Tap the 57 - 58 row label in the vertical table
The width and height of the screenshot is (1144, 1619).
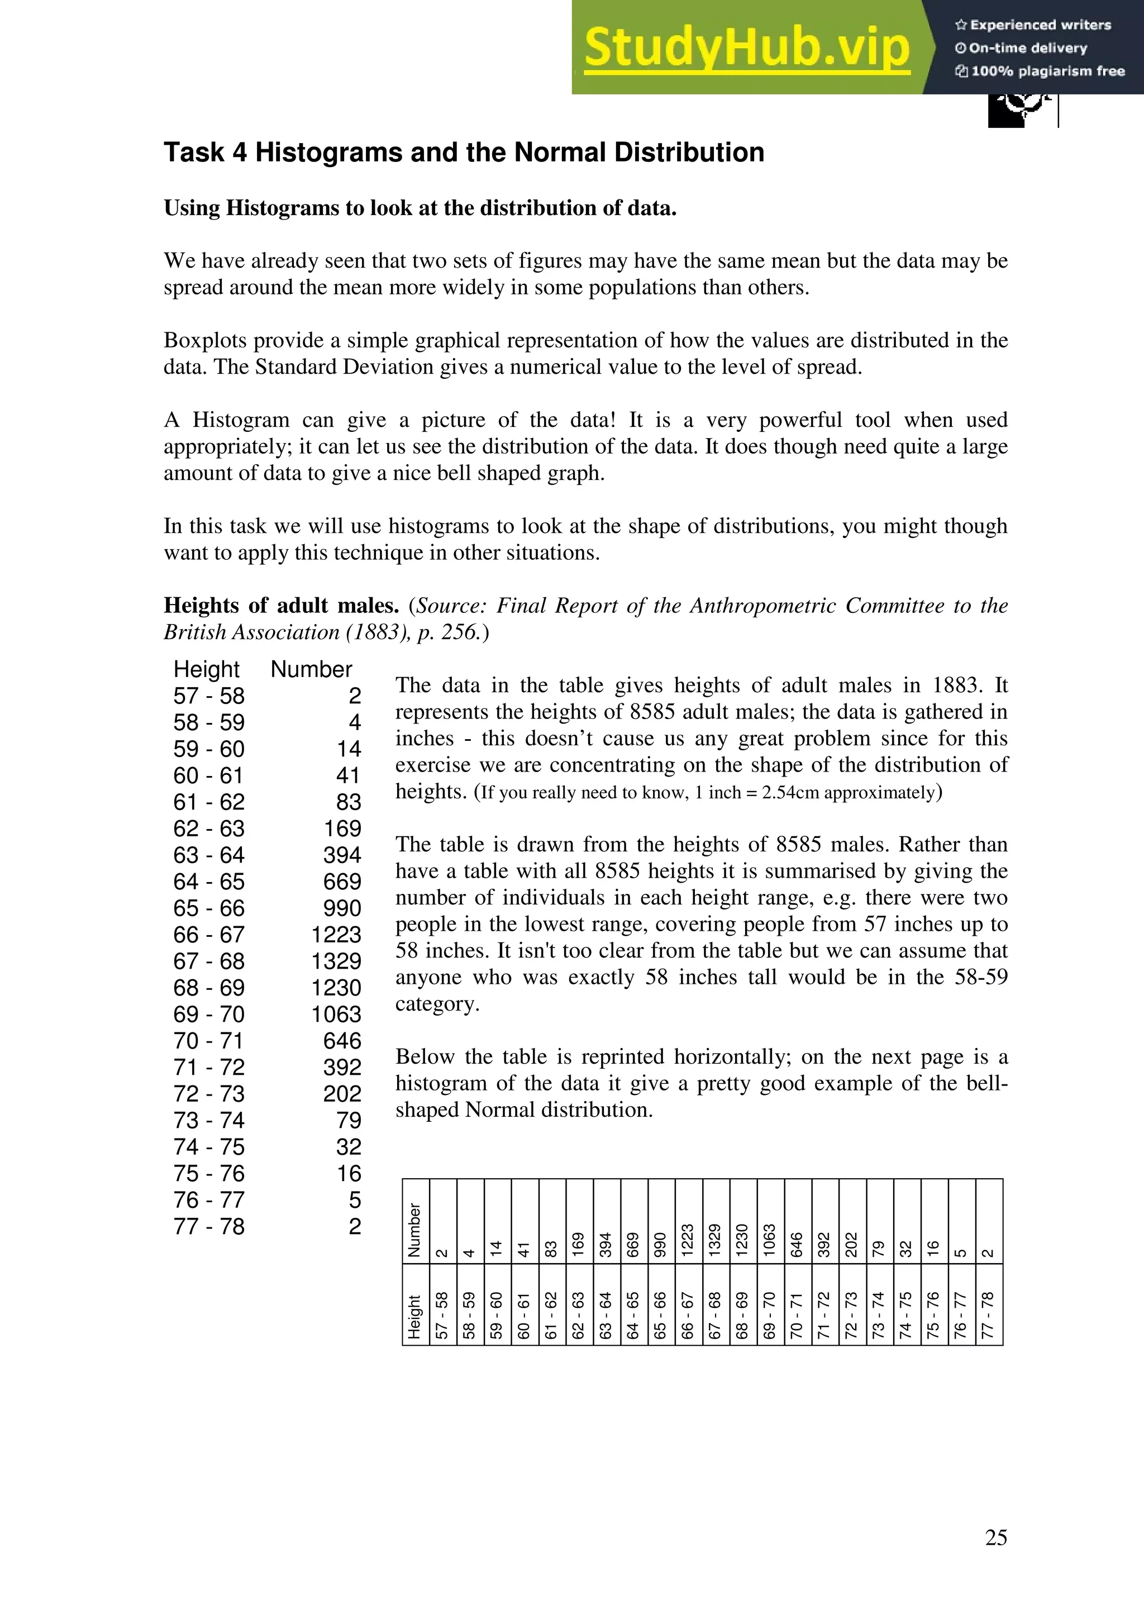209,696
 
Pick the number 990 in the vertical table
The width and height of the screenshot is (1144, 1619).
342,908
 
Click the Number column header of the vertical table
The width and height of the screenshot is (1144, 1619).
311,669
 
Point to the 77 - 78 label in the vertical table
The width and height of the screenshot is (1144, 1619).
209,1226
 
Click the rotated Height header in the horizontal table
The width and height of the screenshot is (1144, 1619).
414,1316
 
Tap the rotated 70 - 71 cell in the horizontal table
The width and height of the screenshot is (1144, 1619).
797,1315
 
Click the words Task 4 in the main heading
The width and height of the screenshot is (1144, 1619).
205,153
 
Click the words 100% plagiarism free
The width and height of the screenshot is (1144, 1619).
1047,70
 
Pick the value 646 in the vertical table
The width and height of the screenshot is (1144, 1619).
342,1041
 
